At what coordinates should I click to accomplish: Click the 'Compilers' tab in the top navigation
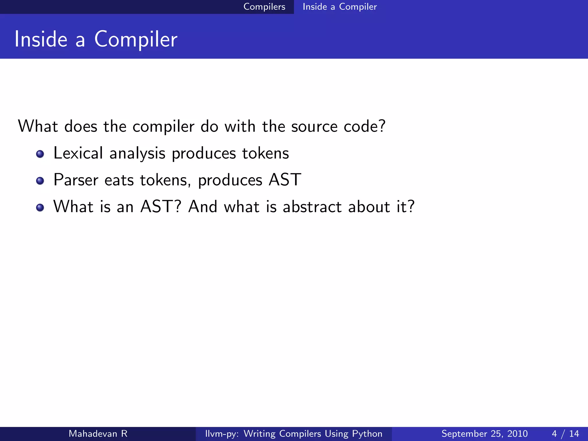pos(264,7)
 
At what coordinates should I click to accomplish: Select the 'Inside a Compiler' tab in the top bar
pos(340,7)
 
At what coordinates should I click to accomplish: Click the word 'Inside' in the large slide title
pos(41,39)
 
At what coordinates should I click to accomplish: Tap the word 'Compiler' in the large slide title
pos(136,39)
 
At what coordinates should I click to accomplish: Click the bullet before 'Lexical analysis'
pos(40,154)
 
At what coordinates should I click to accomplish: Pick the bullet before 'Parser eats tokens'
pos(40,181)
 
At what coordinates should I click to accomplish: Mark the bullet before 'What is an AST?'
pos(40,208)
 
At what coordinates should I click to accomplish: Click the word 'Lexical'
pos(78,153)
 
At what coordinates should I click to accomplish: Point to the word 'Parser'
pos(76,180)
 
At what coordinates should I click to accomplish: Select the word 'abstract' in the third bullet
pos(312,207)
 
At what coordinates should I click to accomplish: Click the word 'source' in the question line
pos(314,127)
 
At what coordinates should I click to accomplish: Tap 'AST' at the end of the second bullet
pos(285,180)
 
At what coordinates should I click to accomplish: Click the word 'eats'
pos(119,181)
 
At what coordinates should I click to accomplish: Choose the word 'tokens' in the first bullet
pos(265,153)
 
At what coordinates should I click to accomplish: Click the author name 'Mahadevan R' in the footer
pos(98,434)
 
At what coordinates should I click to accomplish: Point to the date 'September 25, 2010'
pos(484,434)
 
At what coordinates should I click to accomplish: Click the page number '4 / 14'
pos(565,434)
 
